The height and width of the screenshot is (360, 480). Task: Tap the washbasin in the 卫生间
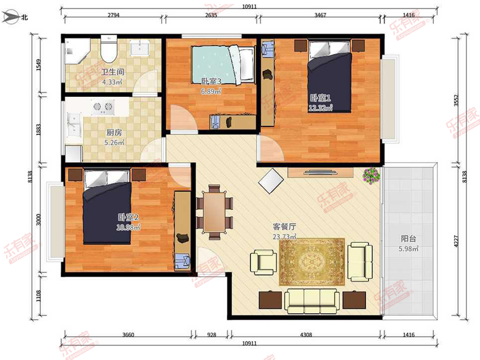(x=140, y=48)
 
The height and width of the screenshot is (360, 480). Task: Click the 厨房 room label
(x=114, y=132)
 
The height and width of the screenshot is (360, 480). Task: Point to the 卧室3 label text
(x=211, y=82)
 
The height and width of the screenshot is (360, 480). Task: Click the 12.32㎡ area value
(x=320, y=108)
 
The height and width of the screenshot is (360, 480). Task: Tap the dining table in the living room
(x=214, y=212)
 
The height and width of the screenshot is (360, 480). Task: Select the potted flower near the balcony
(x=371, y=176)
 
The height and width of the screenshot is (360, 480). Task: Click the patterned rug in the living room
(x=312, y=262)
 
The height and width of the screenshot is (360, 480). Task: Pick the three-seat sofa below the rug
(x=312, y=301)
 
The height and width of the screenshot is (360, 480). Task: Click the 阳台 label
(x=408, y=238)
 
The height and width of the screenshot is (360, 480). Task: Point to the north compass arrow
(x=10, y=17)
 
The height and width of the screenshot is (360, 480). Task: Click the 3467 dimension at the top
(x=320, y=15)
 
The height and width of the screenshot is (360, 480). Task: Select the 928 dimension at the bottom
(x=212, y=335)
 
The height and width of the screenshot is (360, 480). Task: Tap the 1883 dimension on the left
(x=38, y=130)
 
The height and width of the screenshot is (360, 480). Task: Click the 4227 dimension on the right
(x=456, y=241)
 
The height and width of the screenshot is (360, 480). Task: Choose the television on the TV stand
(x=320, y=172)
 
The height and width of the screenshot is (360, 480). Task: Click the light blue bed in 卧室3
(x=223, y=65)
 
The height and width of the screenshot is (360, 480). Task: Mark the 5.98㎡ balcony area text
(x=408, y=249)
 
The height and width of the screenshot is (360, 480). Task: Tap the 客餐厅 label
(x=284, y=227)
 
